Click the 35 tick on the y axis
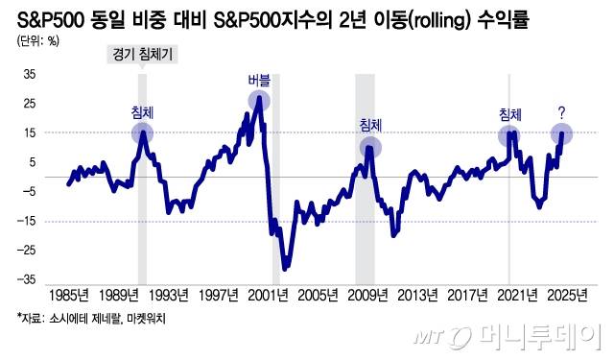pos(29,73)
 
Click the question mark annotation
pos(561,113)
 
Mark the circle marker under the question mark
pos(562,134)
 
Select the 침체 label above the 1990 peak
pos(142,112)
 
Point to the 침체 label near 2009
pos(370,125)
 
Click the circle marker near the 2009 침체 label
pos(370,147)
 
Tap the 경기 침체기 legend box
pos(140,56)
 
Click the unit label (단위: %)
pos(38,39)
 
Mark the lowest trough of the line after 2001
pos(285,268)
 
